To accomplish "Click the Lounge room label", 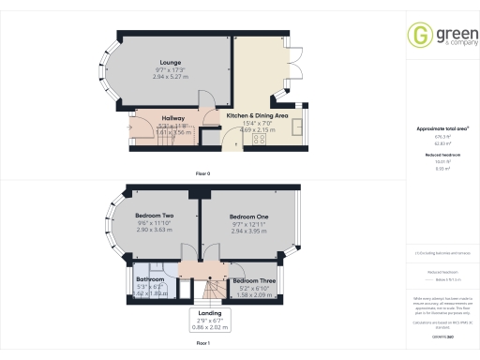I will point(170,63).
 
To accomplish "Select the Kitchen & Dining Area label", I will point(257,114).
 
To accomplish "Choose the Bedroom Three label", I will point(253,281).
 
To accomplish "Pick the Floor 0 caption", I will point(202,174).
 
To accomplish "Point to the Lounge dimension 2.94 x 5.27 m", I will point(170,76).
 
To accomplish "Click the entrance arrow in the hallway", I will point(130,126).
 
